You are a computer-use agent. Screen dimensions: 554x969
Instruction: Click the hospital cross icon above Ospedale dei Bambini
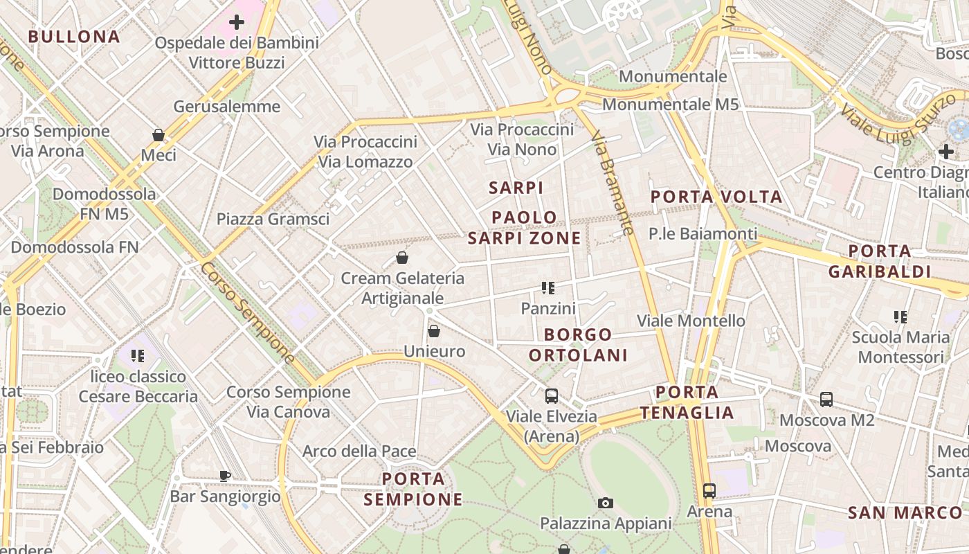237,22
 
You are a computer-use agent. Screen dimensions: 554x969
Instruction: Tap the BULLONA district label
74,37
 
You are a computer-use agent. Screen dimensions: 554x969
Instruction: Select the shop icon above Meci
159,135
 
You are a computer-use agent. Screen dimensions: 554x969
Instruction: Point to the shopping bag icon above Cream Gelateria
402,258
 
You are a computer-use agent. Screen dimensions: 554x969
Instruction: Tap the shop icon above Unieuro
434,332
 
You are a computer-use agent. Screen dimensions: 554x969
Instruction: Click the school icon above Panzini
548,288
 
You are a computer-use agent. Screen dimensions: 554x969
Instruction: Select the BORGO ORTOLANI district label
578,345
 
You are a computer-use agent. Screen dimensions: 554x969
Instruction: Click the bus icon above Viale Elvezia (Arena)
552,396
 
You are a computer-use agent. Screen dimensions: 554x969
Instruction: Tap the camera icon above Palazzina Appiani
606,503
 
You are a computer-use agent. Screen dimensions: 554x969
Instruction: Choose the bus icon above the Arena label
709,491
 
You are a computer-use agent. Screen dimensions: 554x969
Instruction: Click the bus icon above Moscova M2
826,400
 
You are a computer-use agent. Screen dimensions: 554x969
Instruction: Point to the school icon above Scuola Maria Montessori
900,318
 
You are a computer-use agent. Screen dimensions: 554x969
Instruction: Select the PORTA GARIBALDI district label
880,260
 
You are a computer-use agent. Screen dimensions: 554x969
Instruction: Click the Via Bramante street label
613,184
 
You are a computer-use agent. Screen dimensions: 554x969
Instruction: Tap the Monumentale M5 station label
670,105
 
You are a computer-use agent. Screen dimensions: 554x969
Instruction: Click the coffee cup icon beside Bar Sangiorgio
224,476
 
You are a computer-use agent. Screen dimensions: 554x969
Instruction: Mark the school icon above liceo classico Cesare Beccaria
138,356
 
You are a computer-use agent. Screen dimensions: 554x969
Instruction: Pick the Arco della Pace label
359,452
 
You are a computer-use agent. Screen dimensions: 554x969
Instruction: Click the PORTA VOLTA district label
716,197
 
